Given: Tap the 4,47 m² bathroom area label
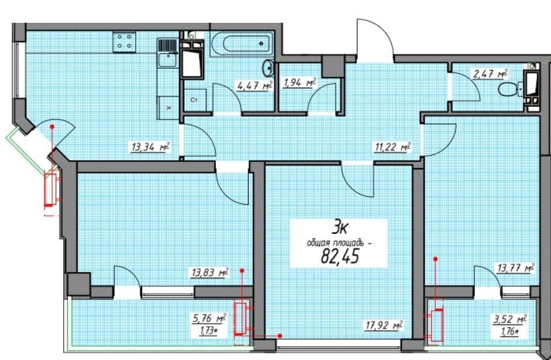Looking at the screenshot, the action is coord(254,86).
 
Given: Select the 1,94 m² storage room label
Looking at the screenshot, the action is coord(299,83).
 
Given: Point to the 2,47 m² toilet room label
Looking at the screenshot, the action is coord(491,74).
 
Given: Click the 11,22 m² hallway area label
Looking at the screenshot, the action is coord(393,147).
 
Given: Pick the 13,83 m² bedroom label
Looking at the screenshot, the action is coord(210,272).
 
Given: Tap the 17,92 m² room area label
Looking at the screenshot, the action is coord(383,326).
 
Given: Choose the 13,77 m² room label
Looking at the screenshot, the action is coord(515,268).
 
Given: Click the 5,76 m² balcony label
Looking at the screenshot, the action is coord(209,319).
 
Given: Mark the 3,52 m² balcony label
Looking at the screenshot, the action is coord(509,320).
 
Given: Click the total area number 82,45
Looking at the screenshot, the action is coord(339,257).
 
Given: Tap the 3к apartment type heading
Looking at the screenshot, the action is coord(339,229).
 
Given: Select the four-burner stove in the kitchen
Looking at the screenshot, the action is coord(125,41).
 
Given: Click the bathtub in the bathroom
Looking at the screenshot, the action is coord(242,44).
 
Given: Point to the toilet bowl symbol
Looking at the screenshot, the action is coord(508,89).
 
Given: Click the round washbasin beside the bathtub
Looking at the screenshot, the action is coord(269,67).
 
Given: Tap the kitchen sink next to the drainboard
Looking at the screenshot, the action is coord(167,60).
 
